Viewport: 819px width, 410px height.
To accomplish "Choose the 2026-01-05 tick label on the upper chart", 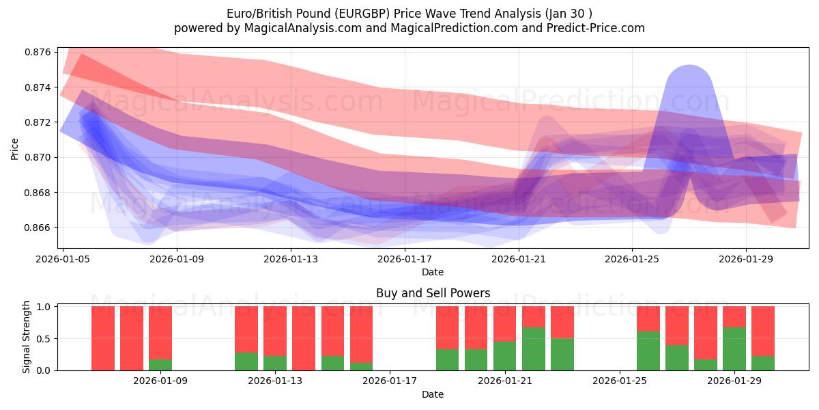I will point(63,259).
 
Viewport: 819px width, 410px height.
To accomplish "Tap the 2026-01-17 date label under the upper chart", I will point(405,259).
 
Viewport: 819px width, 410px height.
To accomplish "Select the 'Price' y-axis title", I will point(15,148).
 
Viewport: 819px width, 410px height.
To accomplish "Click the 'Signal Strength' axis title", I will point(27,337).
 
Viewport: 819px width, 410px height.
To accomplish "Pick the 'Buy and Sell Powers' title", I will point(433,293).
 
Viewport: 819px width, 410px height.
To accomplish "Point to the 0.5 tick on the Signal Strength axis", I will point(43,339).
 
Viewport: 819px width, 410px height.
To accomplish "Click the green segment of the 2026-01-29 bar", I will point(734,349).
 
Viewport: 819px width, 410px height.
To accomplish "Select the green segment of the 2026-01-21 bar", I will point(504,356).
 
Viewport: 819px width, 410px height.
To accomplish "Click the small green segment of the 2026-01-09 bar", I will point(160,365).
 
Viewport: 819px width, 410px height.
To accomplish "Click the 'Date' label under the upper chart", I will point(433,272).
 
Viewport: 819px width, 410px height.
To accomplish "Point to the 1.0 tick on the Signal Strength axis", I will point(43,307).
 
